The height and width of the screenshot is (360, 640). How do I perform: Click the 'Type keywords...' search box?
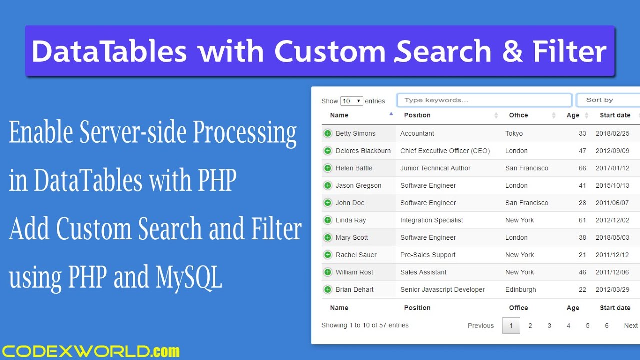(484, 100)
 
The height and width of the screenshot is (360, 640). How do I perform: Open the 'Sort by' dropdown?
(607, 100)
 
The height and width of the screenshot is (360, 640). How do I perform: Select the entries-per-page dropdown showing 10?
(351, 101)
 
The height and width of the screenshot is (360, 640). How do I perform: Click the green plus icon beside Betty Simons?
(328, 133)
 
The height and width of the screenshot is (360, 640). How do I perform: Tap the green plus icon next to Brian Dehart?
(328, 289)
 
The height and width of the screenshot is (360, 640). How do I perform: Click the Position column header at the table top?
(417, 115)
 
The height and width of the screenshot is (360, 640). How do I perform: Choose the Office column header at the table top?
(518, 115)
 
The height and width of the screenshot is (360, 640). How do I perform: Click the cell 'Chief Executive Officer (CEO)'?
(445, 151)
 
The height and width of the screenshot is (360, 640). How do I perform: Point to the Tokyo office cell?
(514, 133)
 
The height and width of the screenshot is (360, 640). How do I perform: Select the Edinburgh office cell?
(520, 289)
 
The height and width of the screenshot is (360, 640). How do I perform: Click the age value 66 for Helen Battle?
(582, 168)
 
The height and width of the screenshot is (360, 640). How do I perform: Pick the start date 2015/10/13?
(612, 185)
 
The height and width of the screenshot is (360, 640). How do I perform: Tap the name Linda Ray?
(351, 220)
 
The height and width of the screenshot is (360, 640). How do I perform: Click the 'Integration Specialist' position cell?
(431, 220)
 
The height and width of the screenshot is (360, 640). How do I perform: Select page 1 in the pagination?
(511, 326)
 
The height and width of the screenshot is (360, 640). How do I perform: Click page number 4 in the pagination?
(568, 326)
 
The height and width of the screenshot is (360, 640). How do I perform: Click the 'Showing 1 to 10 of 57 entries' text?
(365, 325)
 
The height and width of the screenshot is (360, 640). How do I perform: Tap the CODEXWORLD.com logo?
(90, 351)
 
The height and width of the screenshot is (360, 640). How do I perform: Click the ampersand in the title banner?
(511, 51)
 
